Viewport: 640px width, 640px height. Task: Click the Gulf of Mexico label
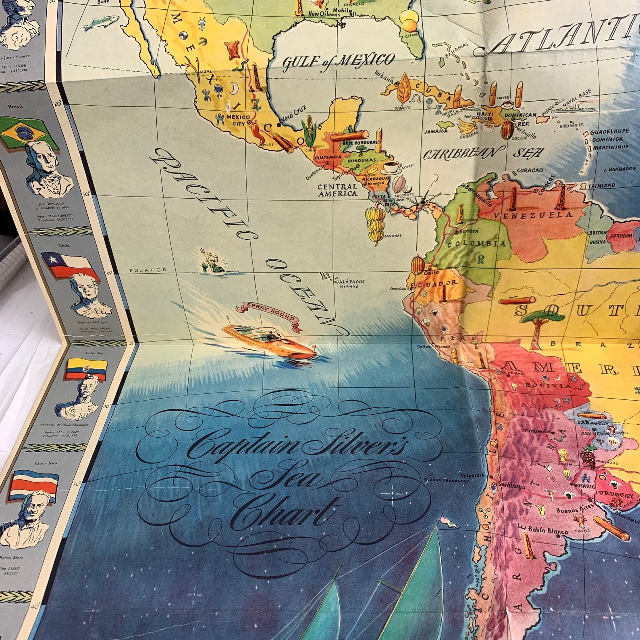point(338,61)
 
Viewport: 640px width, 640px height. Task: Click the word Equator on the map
point(148,270)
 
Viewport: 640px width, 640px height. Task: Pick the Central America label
point(337,190)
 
